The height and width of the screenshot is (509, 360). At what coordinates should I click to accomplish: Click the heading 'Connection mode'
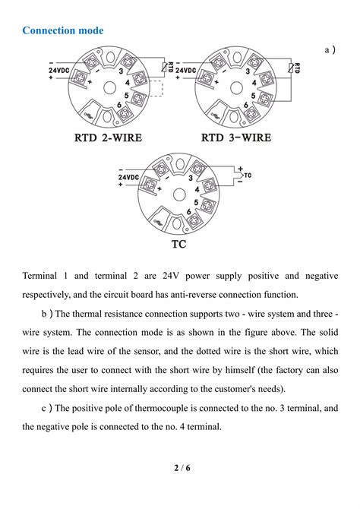click(62, 30)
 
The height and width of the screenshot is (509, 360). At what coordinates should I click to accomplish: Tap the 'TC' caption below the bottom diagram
click(178, 245)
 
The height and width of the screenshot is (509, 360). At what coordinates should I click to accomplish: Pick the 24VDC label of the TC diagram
click(128, 177)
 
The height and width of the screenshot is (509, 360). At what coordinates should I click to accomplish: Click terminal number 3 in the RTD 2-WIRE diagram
click(121, 71)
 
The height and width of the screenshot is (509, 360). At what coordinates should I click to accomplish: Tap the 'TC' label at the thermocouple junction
click(248, 175)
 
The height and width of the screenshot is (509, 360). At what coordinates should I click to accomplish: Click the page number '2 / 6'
click(180, 467)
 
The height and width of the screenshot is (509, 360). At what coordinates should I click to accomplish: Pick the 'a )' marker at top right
click(330, 49)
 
